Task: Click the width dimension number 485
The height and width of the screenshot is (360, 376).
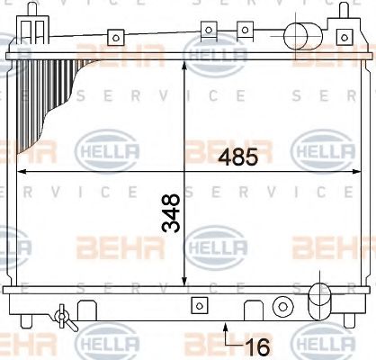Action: pos(238,157)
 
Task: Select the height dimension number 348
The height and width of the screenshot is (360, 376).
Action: pos(172,213)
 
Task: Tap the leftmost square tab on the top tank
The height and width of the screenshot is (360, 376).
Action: pos(115,38)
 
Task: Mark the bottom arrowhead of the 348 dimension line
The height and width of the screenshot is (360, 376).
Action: pos(184,283)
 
